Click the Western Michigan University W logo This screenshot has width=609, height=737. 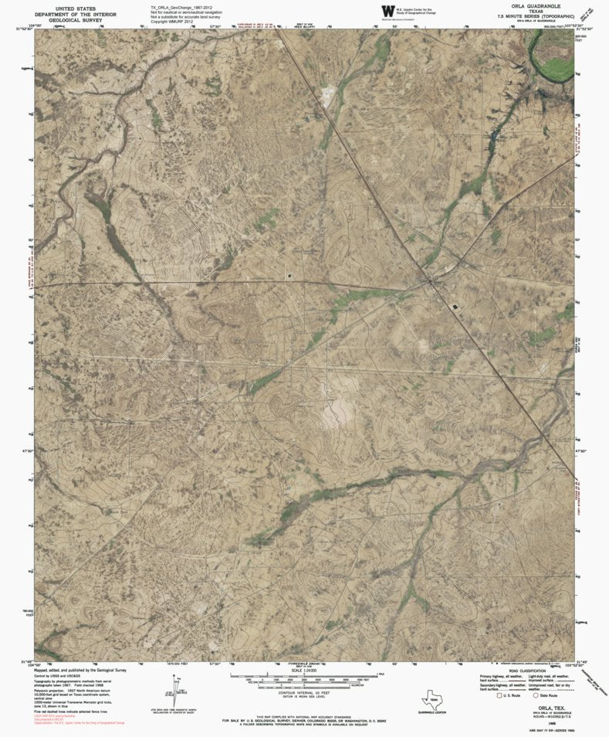pos(387,11)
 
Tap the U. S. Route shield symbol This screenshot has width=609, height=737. pos(499,696)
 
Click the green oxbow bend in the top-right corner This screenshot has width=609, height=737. pos(553,58)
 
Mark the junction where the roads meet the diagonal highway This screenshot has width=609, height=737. pos(429,282)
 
